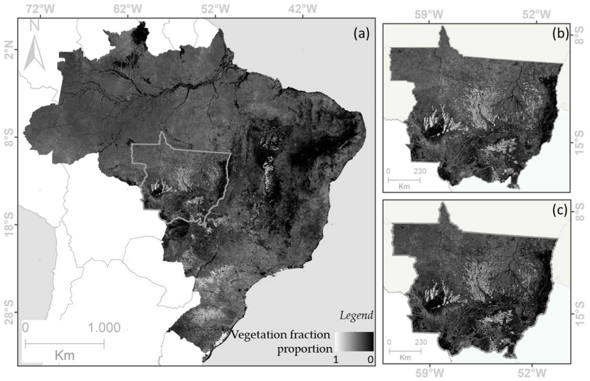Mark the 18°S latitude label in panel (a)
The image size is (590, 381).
[x=8, y=225]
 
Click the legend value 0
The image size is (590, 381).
[x=370, y=360]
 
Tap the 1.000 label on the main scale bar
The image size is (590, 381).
[x=104, y=328]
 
